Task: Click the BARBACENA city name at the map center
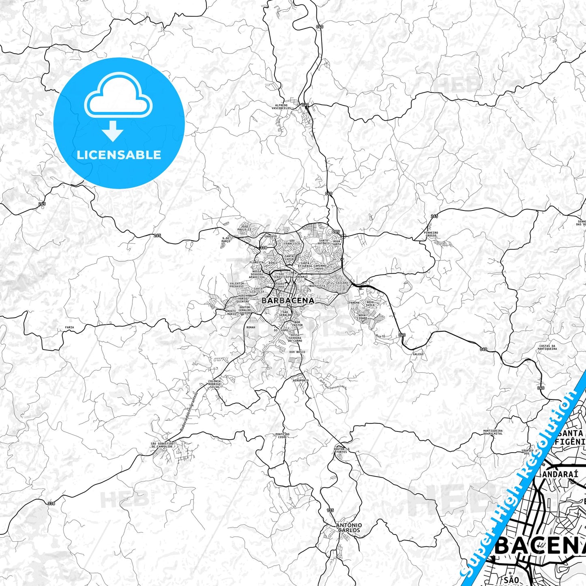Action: [x=288, y=301]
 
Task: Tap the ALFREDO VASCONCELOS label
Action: [x=283, y=107]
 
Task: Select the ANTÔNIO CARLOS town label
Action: [x=349, y=528]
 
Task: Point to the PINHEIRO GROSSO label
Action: [x=431, y=234]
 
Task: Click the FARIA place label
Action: [x=69, y=327]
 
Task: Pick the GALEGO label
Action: [x=418, y=354]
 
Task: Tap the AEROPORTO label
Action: [x=301, y=380]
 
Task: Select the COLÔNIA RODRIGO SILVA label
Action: [x=214, y=384]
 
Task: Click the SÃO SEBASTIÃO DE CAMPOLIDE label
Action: [x=162, y=445]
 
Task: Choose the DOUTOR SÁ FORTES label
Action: [x=341, y=450]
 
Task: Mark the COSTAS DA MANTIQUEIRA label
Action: [x=547, y=348]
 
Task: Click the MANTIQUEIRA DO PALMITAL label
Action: [x=493, y=432]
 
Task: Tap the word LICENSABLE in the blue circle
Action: [x=119, y=155]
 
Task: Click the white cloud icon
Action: [x=118, y=95]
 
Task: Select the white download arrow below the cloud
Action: [x=113, y=131]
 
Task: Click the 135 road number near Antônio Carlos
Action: [x=330, y=510]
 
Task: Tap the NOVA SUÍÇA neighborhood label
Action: [x=370, y=303]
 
